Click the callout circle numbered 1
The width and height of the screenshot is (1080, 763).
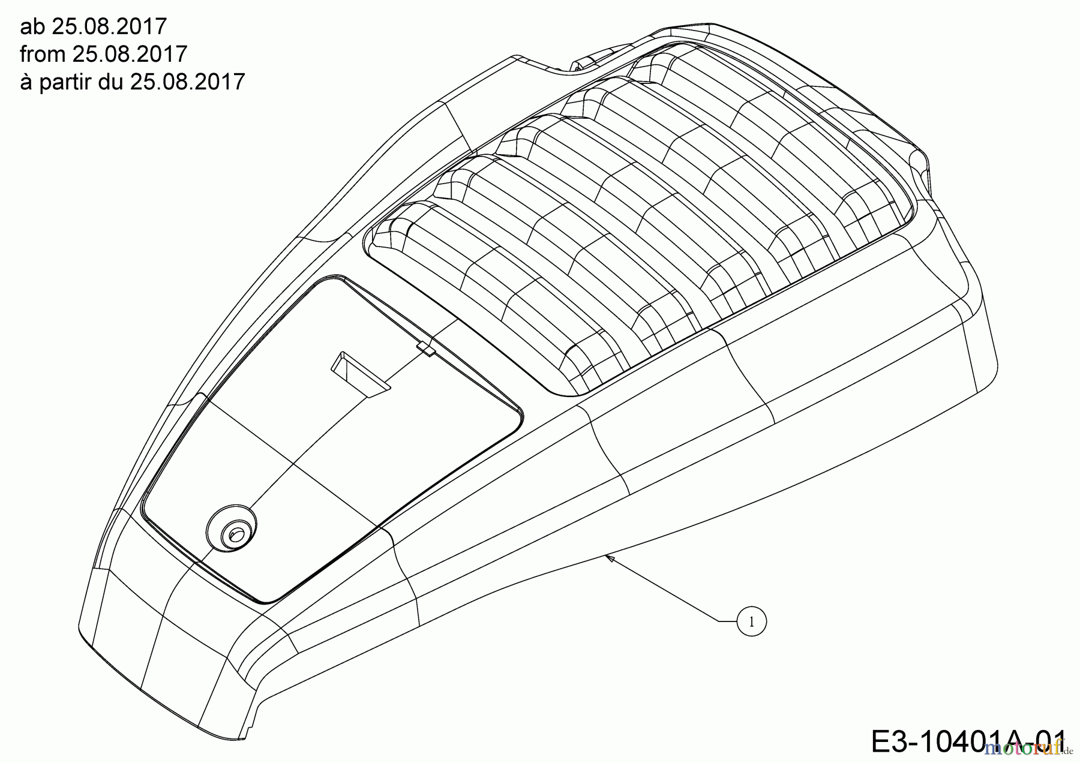751,622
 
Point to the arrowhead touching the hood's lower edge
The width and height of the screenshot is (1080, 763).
610,558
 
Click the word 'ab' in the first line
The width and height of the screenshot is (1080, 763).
32,27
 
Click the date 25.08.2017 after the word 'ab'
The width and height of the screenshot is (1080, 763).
109,27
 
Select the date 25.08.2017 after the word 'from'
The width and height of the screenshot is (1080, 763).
130,54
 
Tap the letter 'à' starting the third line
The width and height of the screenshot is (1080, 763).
26,82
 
